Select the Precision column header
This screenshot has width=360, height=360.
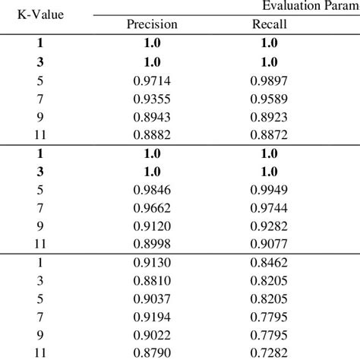point(152,24)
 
